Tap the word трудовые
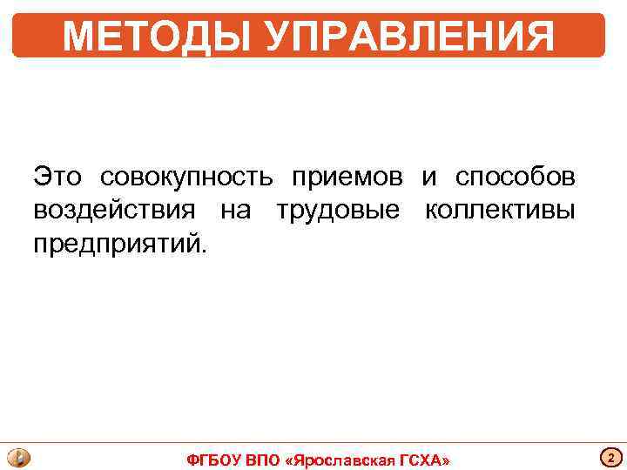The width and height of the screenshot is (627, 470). point(338,211)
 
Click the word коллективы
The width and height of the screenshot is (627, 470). point(500,211)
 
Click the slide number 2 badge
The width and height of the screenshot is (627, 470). point(610,458)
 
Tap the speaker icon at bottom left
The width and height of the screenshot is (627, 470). point(18,458)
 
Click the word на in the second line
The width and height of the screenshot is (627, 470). point(235,211)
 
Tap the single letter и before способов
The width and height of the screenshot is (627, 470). point(429,178)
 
